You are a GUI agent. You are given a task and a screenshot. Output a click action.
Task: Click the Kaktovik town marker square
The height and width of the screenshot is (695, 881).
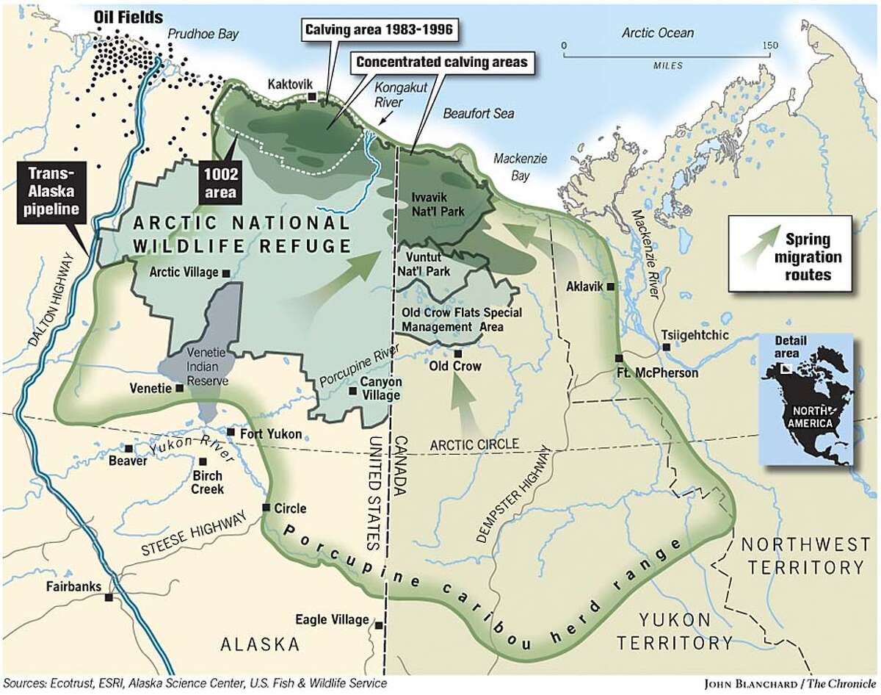click(312, 96)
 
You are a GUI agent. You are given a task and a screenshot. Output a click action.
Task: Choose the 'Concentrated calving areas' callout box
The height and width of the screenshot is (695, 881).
click(443, 62)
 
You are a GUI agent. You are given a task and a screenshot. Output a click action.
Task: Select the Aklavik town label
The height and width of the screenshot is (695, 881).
click(584, 287)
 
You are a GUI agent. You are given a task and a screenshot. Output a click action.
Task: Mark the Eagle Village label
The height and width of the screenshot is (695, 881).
click(331, 619)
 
